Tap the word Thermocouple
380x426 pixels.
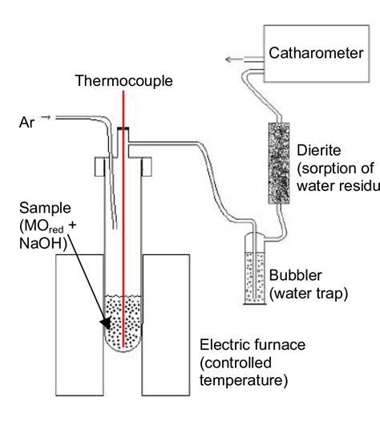tap(119, 81)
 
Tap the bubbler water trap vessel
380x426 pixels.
tap(255, 278)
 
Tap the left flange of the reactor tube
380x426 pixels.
tap(100, 166)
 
